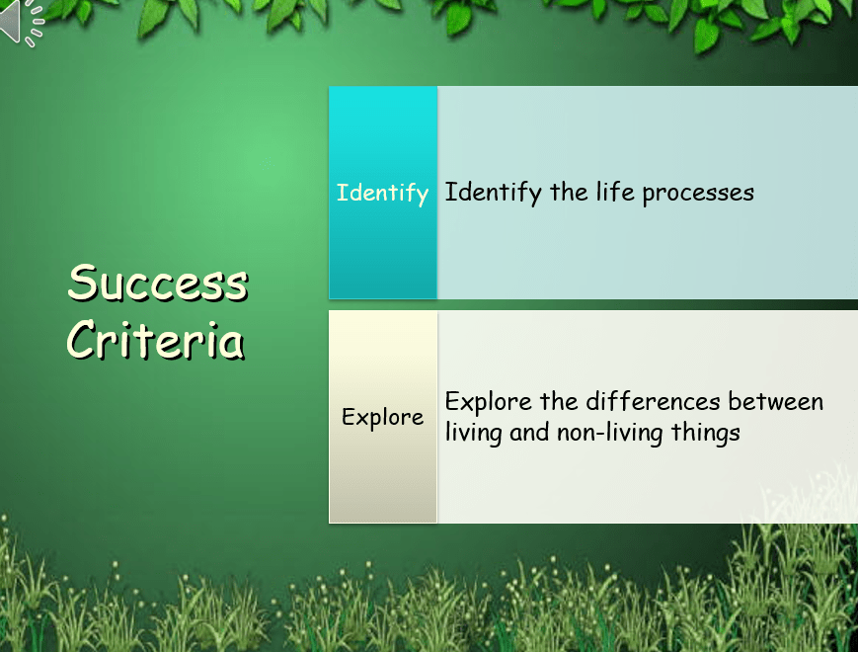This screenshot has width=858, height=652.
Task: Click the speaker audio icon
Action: coord(22,22)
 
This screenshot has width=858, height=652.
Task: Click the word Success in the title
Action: coord(158,283)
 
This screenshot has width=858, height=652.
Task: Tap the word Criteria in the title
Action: coord(155,340)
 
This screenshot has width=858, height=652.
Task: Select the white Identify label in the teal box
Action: coord(382,194)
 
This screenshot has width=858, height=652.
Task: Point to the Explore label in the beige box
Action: coord(382,418)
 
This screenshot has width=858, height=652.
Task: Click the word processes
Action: coord(698,194)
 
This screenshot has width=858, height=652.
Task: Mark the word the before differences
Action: coord(559,401)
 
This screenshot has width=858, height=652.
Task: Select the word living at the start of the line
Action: coord(473,433)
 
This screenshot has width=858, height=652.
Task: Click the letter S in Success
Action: coord(82,282)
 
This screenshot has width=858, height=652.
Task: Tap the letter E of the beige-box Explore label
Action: coord(349,417)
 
